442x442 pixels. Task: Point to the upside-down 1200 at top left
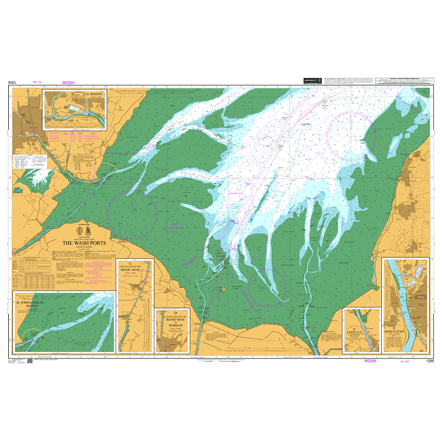12,83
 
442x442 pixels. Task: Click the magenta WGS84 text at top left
70,83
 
